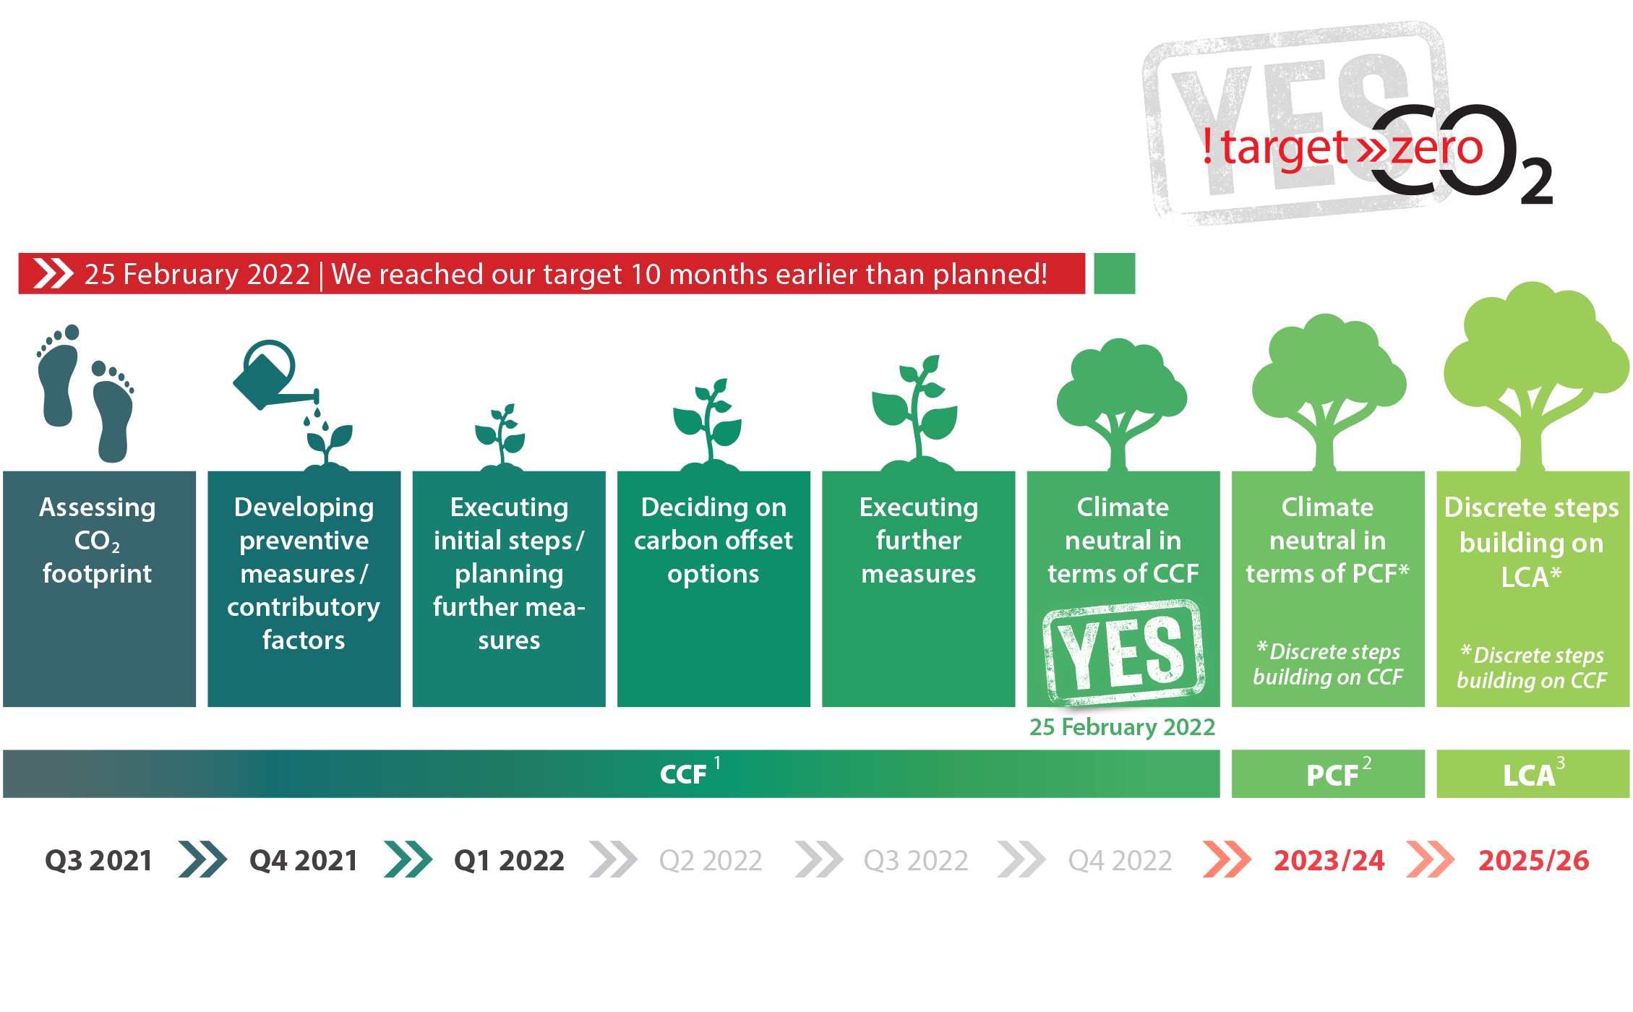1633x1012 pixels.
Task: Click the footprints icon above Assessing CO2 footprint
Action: point(85,393)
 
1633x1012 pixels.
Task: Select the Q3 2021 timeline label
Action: point(98,860)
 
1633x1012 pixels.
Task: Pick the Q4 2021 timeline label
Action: point(304,860)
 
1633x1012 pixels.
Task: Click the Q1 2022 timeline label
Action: point(509,860)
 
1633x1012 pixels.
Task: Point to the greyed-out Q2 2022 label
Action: point(711,860)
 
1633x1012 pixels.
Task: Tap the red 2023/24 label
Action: point(1329,860)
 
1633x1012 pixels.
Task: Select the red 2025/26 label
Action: point(1533,860)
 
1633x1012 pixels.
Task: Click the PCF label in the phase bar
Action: point(1333,775)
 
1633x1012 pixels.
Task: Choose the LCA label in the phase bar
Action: point(1529,775)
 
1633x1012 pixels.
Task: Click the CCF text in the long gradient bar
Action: point(683,774)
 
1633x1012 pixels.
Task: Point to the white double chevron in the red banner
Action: point(53,273)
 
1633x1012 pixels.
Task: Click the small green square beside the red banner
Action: point(1114,273)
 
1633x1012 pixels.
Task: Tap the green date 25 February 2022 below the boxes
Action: point(1122,726)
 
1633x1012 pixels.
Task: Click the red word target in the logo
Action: point(1285,148)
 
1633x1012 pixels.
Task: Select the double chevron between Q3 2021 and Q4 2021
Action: point(202,859)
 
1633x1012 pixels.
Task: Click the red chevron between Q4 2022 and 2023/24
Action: point(1227,859)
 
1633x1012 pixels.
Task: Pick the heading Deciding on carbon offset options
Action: point(713,540)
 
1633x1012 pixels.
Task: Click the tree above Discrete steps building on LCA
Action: point(1534,376)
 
